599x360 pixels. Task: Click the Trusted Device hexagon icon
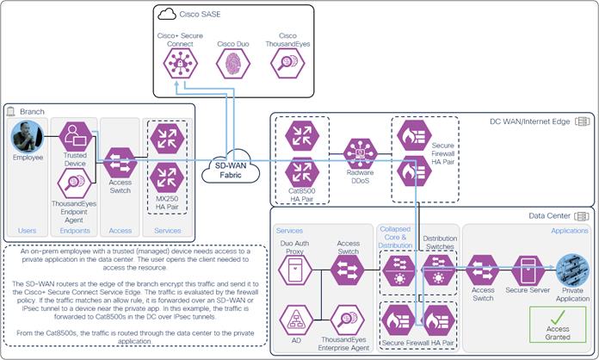point(76,136)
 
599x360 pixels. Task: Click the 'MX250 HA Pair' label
point(167,204)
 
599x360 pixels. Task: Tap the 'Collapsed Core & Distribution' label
point(396,238)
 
